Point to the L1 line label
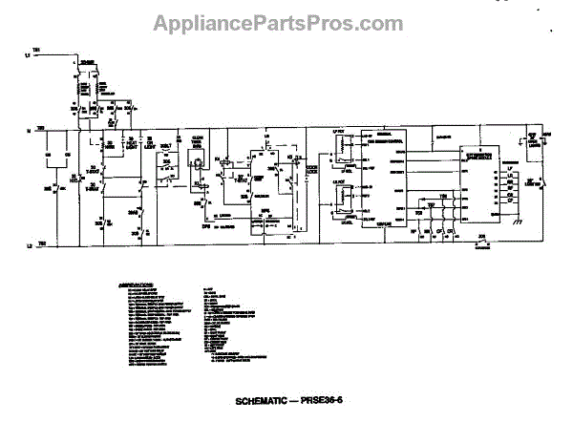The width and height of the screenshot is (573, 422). pos(29,57)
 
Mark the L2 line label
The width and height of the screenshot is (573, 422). pos(29,244)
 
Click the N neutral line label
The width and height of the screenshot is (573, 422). pos(29,128)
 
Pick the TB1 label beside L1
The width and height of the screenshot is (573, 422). pos(36,48)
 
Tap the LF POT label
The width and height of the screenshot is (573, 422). pos(337,130)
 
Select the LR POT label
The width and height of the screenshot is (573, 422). pos(337,179)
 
